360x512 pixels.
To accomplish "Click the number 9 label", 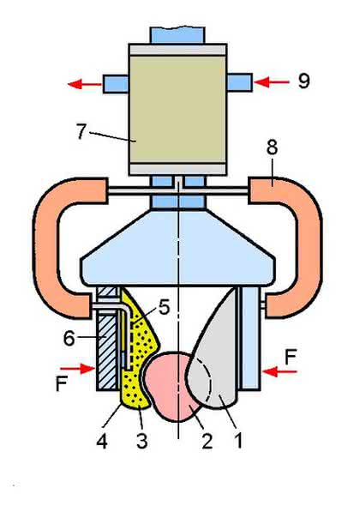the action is (x=303, y=81).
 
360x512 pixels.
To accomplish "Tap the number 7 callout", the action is (x=81, y=131).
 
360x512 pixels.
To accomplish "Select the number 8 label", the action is (x=272, y=147).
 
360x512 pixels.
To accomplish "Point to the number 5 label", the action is (x=165, y=307).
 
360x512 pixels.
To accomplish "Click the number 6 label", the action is (x=69, y=339).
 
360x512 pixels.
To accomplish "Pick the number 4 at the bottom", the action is (x=102, y=441).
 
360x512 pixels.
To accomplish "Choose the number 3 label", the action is (x=142, y=441).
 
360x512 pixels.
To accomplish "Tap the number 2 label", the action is (x=207, y=441).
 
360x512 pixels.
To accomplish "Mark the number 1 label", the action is (x=238, y=441).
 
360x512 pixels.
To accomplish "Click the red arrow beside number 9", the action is (x=271, y=82).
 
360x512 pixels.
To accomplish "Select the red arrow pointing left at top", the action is (x=85, y=84).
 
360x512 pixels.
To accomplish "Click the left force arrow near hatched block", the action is (x=78, y=369).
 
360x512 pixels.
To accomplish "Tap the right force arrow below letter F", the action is (x=279, y=371).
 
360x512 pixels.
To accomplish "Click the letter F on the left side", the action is (x=62, y=383).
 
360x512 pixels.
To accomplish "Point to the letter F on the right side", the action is (x=291, y=357).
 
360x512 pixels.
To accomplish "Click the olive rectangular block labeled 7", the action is (x=177, y=109).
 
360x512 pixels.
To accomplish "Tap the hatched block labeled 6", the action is (x=106, y=352).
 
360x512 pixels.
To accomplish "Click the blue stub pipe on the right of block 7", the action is (x=239, y=82).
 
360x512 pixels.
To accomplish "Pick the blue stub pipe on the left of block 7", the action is (x=116, y=84).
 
